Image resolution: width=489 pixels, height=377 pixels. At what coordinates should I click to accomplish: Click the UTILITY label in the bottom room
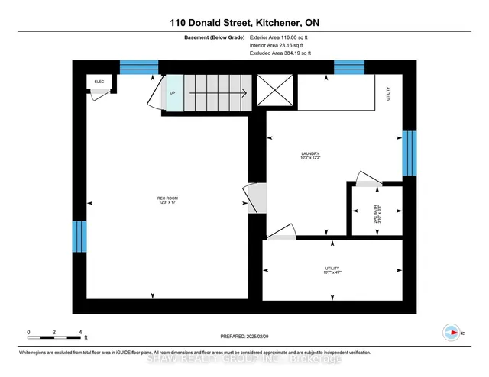(331, 269)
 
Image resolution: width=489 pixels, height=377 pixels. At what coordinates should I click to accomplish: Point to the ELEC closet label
(99, 81)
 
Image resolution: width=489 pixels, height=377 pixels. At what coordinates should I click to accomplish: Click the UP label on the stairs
(173, 94)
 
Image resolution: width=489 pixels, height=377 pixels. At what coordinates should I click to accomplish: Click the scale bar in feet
(54, 333)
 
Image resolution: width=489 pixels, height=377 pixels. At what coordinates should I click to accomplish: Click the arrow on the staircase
(217, 94)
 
